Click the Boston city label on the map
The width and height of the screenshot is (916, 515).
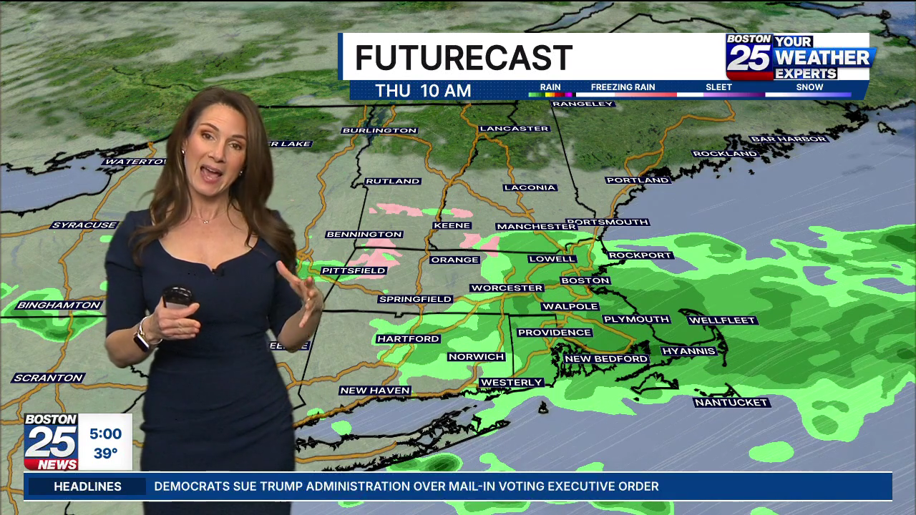pos(585,281)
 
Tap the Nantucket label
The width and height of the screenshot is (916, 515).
pos(731,403)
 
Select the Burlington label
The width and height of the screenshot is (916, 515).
pos(379,131)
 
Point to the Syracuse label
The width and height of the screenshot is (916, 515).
pos(84,225)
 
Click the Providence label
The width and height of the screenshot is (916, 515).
pos(555,333)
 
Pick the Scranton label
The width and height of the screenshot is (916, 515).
pos(49,378)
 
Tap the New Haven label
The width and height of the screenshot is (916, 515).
pos(375,391)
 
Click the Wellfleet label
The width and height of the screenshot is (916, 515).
pos(722,320)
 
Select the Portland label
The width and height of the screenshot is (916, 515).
pos(638,180)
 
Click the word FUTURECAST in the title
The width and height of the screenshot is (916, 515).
pos(463,58)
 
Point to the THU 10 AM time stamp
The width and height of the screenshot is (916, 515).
pos(423,91)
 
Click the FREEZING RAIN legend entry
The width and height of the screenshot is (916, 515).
pos(623,88)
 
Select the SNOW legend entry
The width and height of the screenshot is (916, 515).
pos(809,88)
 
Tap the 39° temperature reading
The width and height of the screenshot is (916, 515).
pos(105,453)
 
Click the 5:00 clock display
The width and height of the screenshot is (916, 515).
pos(105,433)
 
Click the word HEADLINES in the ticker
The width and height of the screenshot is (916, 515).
pos(88,486)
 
